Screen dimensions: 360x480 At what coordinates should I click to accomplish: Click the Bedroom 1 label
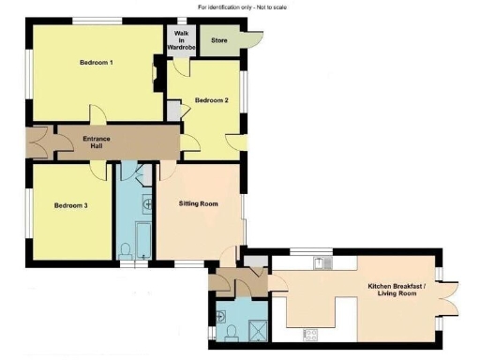tap(97, 63)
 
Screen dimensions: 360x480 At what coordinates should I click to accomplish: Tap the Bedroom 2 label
tap(211, 100)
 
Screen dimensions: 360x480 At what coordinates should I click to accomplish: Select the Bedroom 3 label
tap(70, 205)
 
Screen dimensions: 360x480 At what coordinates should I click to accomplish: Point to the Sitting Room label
tap(198, 202)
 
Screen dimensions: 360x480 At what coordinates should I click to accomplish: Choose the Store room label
tap(219, 41)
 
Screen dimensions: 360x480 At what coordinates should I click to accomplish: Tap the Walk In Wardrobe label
tap(180, 40)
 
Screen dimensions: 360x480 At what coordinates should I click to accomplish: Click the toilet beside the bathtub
tap(126, 249)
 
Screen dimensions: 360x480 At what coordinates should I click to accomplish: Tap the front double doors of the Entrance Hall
tap(37, 142)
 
